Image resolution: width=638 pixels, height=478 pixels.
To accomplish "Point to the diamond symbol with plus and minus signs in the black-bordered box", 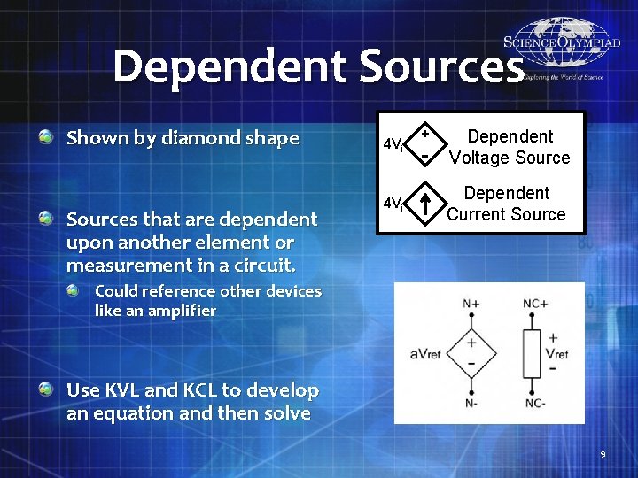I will tap(426, 144).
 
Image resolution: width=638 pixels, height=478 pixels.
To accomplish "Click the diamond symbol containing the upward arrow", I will tap(426, 204).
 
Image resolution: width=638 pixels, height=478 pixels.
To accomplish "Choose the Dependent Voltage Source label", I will tap(510, 147).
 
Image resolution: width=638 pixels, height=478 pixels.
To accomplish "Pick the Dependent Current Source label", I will tap(506, 204).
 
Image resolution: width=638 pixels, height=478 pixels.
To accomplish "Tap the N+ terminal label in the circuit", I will tap(471, 304).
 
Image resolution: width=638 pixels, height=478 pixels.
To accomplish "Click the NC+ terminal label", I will tap(534, 304).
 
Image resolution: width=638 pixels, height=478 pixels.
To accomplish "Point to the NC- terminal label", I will tap(534, 404).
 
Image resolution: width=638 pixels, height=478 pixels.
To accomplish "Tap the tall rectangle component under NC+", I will tap(533, 353).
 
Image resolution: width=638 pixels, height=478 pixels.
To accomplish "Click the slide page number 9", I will tap(603, 455).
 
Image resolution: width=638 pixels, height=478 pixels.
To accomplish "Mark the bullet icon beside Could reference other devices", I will tap(82, 290).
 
